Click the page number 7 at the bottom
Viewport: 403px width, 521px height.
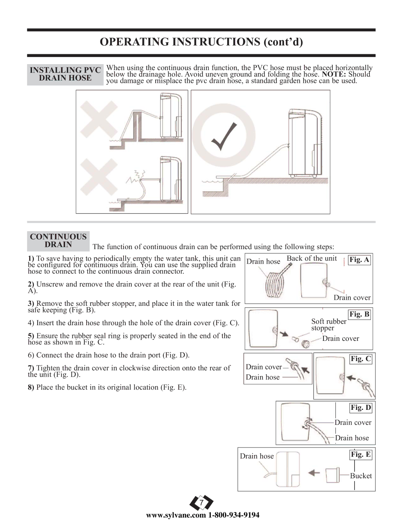(201, 502)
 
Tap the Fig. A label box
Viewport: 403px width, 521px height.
(359, 260)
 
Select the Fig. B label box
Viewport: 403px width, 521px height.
(359, 314)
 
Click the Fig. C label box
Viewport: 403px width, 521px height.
(361, 359)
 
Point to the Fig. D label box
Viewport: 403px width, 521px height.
(361, 407)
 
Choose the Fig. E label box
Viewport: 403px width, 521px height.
(361, 454)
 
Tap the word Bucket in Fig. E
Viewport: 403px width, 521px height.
(361, 476)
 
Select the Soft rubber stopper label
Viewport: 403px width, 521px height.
(329, 324)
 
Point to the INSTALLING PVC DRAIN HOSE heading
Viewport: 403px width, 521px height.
(65, 74)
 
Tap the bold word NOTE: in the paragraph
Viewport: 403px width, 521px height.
(334, 74)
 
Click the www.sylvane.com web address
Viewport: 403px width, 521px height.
(176, 515)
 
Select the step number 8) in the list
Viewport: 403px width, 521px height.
(31, 387)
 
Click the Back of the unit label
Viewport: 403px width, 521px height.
(312, 258)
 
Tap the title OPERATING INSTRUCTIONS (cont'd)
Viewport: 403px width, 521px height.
(201, 42)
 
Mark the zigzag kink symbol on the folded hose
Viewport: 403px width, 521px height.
(135, 176)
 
